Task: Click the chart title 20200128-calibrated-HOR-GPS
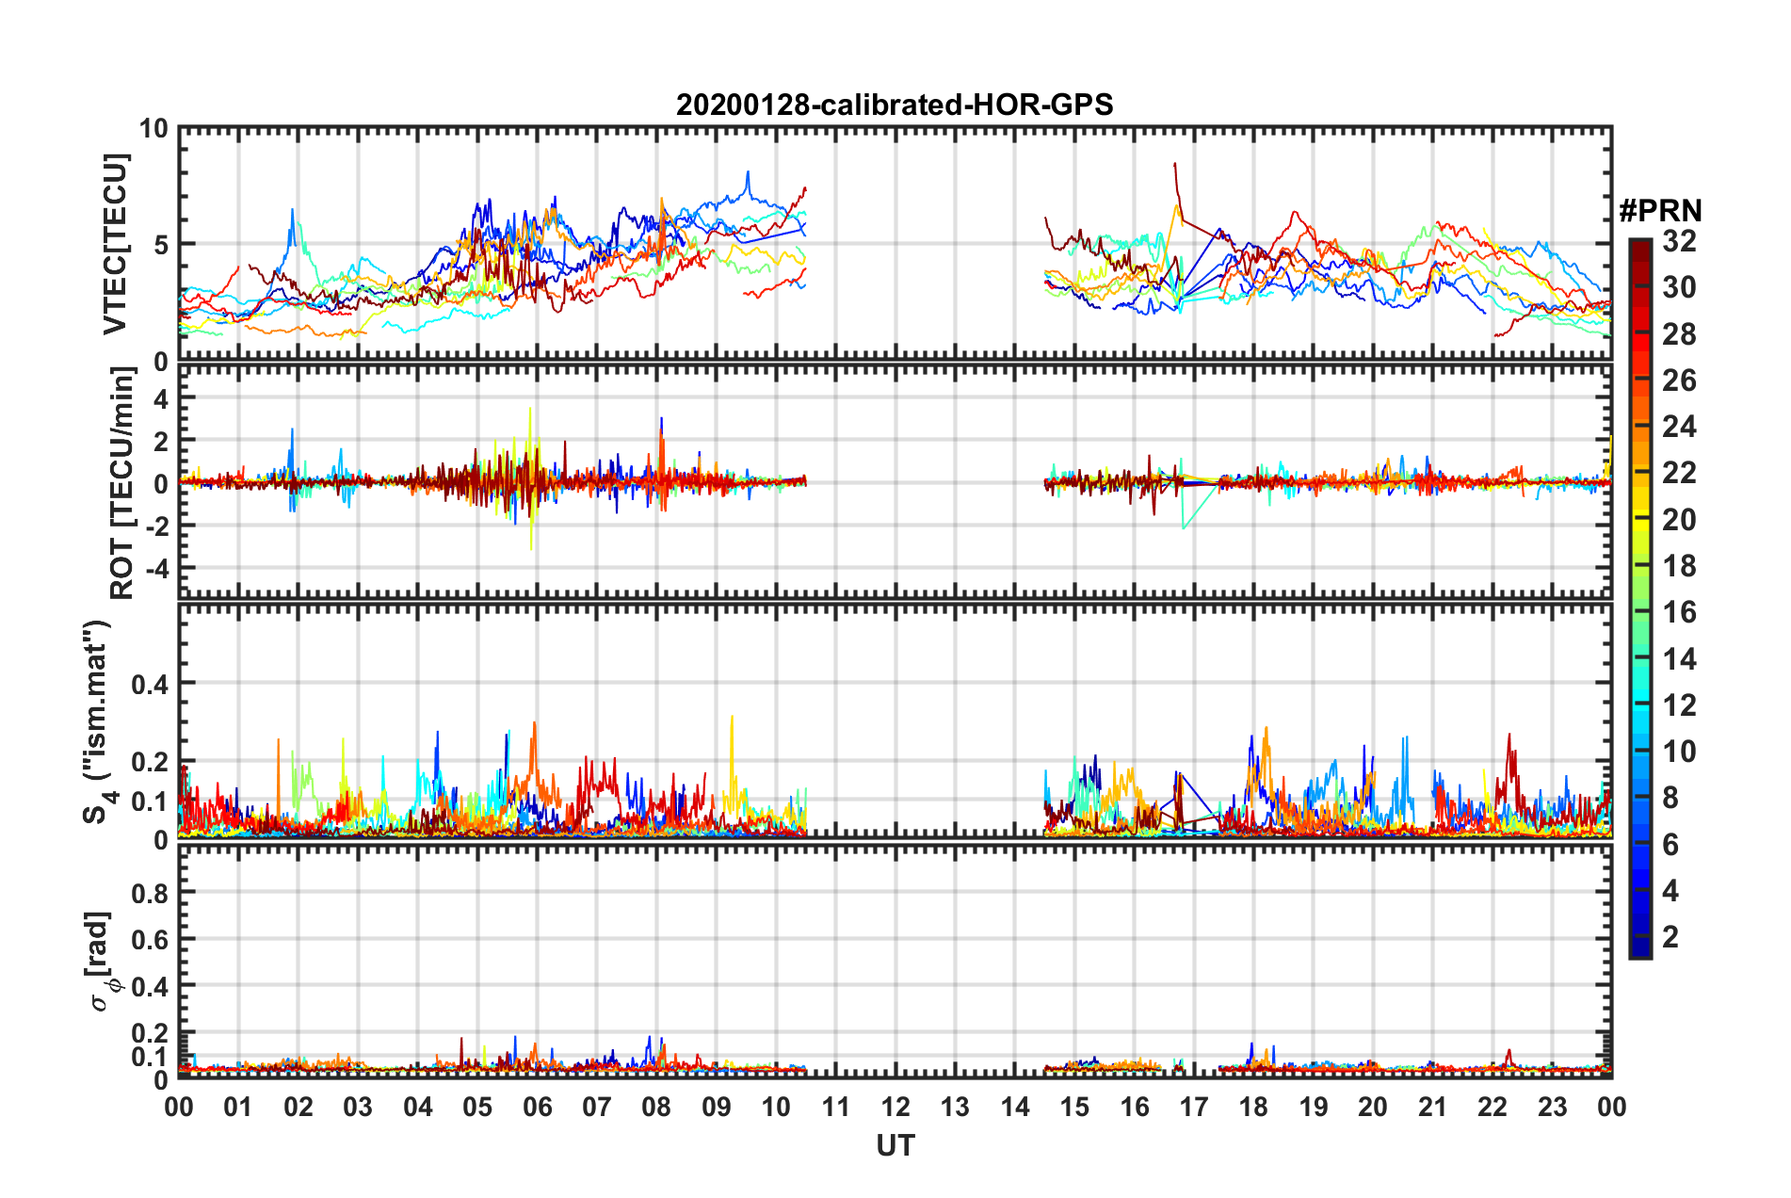click(895, 105)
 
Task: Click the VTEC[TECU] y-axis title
click(115, 244)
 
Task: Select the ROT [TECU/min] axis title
click(122, 483)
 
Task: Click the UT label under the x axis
click(895, 1145)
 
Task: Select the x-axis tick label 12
click(895, 1108)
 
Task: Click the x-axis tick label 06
click(537, 1108)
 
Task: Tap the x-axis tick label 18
click(1253, 1108)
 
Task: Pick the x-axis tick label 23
click(1552, 1108)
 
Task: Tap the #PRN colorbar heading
click(1660, 211)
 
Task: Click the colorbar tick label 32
click(1679, 242)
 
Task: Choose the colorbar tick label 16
click(1679, 613)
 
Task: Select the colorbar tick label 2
click(1670, 937)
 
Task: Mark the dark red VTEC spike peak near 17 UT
click(1174, 164)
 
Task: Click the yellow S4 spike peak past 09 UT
click(732, 717)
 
